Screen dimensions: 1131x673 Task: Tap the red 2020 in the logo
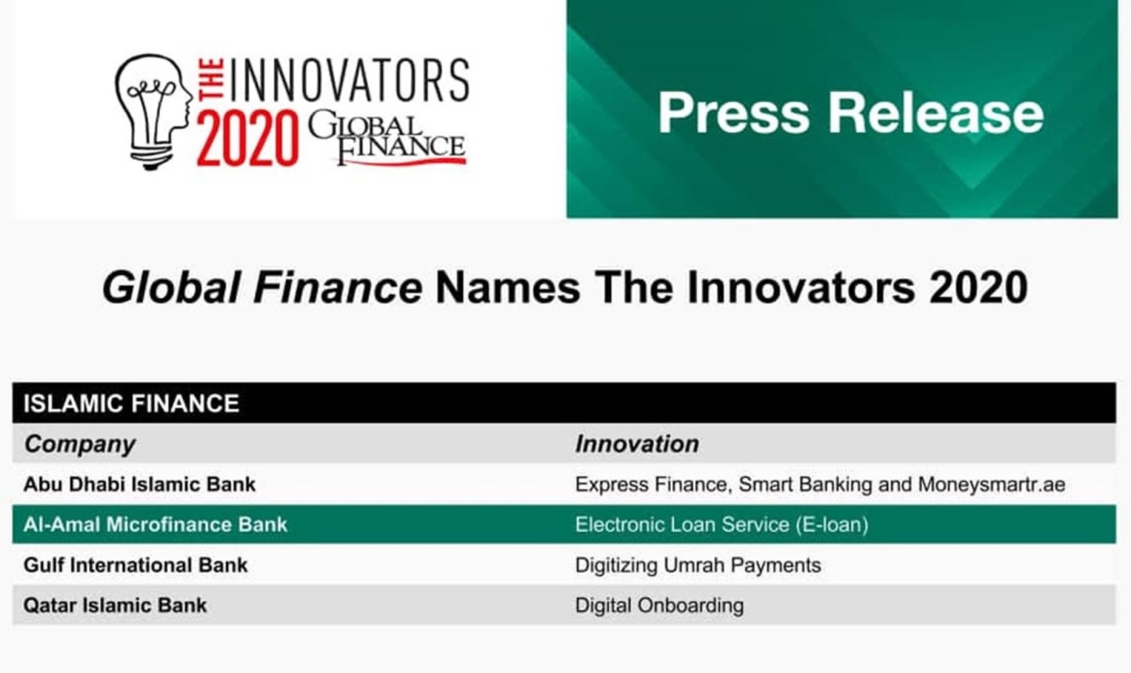(x=248, y=138)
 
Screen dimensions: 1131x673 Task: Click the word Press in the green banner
(x=733, y=113)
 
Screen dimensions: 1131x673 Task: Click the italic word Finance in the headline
(x=337, y=288)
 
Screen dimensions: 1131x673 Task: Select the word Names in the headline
(x=507, y=288)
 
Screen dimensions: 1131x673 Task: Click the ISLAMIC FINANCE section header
(x=131, y=404)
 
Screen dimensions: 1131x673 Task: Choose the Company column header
(x=79, y=444)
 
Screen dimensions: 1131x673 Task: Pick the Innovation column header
(x=637, y=444)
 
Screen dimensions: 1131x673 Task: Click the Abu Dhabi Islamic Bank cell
(x=139, y=485)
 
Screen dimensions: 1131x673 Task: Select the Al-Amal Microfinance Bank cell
(x=155, y=525)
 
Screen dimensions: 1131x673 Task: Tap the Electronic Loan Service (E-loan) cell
(x=722, y=525)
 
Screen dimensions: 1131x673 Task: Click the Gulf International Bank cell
(x=135, y=565)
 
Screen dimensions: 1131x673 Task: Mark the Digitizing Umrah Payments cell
(x=698, y=565)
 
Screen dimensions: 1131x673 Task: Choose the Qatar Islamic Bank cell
(x=115, y=606)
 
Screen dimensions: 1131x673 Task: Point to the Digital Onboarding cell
(x=660, y=606)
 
